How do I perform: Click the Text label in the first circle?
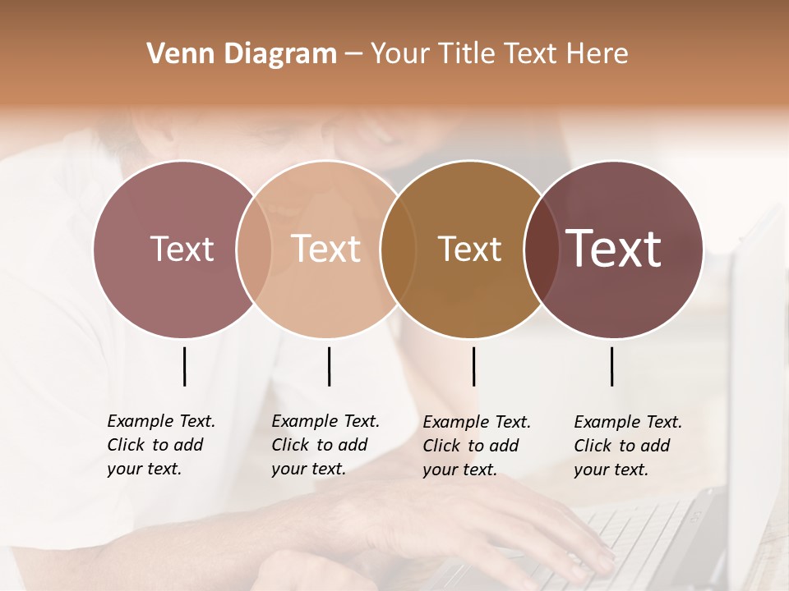click(x=182, y=249)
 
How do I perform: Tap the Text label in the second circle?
click(x=325, y=249)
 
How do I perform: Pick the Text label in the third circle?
click(x=469, y=249)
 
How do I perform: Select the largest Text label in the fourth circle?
click(x=614, y=249)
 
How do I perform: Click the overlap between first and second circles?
click(x=254, y=249)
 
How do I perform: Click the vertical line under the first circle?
click(x=184, y=366)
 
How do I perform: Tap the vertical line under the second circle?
click(x=329, y=366)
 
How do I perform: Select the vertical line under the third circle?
click(x=473, y=366)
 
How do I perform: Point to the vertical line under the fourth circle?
click(x=611, y=366)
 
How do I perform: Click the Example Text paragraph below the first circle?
click(x=160, y=445)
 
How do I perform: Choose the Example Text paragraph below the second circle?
click(x=325, y=445)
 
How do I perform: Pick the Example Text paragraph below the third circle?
click(x=476, y=446)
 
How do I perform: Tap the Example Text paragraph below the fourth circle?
click(x=627, y=446)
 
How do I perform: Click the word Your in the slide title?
click(x=400, y=54)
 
